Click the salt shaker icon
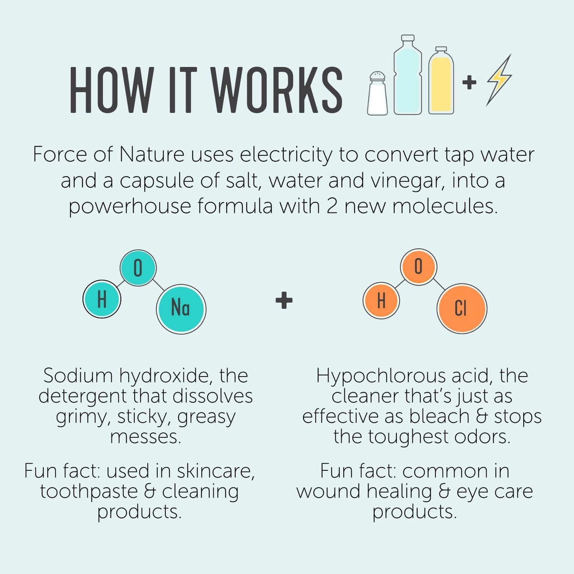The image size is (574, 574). tap(377, 93)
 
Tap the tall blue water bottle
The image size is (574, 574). tap(408, 74)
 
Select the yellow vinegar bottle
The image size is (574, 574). tap(441, 80)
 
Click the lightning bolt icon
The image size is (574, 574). tap(499, 80)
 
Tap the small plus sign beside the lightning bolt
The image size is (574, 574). tap(469, 83)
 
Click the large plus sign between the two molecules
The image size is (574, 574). tap(284, 300)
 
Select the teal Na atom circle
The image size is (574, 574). tap(181, 309)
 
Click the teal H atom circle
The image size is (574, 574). tap(102, 299)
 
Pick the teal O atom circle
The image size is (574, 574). tap(138, 268)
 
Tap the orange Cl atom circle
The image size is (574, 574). tap(462, 309)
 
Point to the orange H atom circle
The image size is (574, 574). tap(381, 300)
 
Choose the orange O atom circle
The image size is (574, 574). tap(419, 267)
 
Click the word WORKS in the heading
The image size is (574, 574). tap(278, 90)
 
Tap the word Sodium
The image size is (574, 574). tap(78, 376)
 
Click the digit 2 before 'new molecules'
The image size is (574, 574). tap(332, 206)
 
